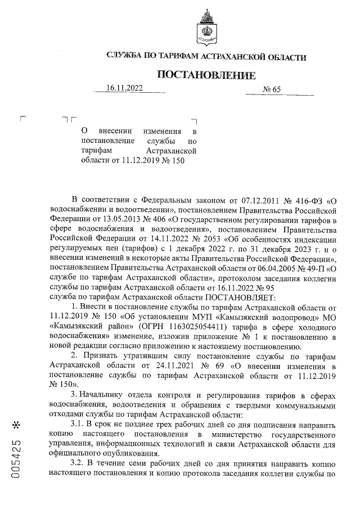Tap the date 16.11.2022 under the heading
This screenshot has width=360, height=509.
coord(124,88)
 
